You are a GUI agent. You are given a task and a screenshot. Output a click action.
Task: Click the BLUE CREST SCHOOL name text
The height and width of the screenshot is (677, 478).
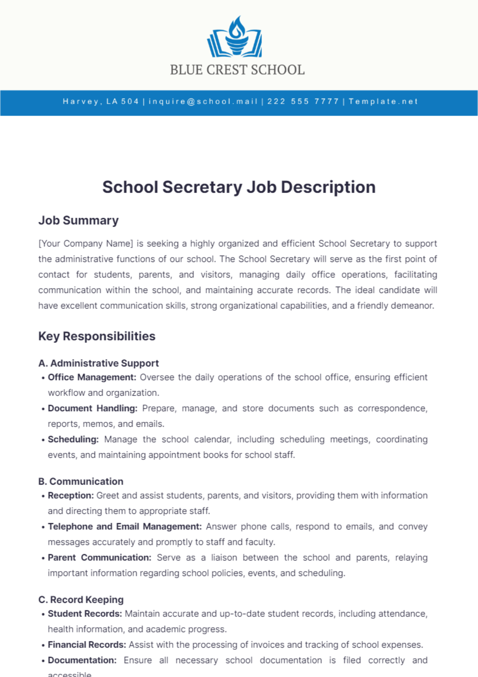[x=237, y=70]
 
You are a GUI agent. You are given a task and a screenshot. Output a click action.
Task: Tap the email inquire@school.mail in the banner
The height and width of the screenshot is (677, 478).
[x=203, y=101]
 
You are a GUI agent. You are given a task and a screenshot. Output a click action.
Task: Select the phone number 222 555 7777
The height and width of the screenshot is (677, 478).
[x=303, y=101]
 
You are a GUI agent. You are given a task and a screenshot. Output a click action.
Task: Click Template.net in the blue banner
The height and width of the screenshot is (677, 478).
[x=383, y=101]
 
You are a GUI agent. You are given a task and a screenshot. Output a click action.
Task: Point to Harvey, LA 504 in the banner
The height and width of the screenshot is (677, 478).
[x=101, y=101]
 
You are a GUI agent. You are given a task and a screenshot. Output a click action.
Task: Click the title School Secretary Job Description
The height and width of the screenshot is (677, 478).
[x=239, y=187]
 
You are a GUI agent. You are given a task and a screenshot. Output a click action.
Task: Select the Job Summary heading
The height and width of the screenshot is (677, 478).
[x=78, y=220]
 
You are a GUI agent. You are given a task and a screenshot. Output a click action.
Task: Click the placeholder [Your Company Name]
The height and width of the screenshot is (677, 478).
[x=86, y=244]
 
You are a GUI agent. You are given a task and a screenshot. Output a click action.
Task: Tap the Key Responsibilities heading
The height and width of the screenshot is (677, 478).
[x=97, y=336]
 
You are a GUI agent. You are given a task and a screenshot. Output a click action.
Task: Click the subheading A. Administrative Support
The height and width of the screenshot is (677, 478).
[x=98, y=363]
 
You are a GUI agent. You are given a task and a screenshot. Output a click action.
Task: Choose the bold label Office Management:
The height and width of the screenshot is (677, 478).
[x=92, y=377]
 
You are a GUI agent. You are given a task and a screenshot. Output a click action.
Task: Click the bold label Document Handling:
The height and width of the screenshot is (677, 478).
[x=92, y=408]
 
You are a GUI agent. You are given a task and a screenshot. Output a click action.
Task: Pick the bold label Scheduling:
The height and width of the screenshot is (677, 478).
[x=73, y=439]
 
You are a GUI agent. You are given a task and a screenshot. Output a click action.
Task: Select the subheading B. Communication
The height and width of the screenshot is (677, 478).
[x=81, y=482]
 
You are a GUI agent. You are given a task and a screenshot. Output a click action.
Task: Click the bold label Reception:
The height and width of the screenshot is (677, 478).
[x=71, y=496]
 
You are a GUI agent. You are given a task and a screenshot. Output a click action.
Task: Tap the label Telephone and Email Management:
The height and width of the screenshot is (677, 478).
[x=125, y=527]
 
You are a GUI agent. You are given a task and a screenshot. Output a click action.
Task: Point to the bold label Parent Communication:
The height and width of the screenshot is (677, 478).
[x=100, y=558]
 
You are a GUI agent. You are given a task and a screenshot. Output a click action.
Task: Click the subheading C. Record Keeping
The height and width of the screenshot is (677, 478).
[x=81, y=600]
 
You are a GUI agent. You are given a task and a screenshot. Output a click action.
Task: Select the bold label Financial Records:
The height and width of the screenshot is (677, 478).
[x=87, y=645]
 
